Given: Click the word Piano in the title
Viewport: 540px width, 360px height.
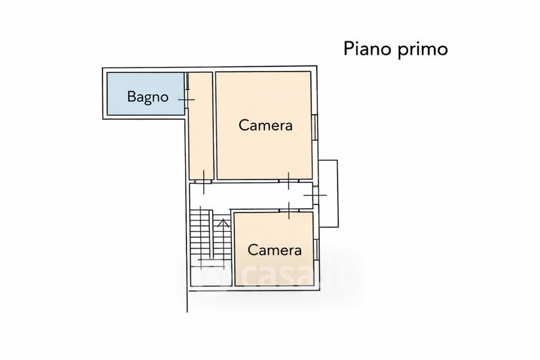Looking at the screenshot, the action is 368,49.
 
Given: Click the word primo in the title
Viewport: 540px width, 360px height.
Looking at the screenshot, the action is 423,49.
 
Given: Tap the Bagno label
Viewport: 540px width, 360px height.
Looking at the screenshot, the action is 148,97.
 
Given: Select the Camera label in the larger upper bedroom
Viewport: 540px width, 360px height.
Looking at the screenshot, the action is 265,125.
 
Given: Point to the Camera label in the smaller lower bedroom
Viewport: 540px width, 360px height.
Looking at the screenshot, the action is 275,250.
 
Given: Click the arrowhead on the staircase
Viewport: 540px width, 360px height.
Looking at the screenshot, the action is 224,224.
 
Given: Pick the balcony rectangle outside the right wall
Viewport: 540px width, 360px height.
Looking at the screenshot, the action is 328,194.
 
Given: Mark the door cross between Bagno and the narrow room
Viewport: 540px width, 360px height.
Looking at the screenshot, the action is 187,99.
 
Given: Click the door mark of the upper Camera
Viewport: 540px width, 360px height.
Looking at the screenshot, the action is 289,181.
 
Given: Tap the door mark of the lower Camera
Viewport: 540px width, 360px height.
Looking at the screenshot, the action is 289,211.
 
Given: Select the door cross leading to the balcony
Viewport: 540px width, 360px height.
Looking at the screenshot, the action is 315,195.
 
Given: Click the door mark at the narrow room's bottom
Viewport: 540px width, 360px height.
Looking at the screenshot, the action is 204,182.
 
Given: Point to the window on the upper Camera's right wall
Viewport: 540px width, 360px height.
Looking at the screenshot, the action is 315,127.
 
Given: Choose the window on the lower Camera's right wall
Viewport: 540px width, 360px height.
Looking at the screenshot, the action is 316,249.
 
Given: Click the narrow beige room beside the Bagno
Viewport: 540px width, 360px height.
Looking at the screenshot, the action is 201,126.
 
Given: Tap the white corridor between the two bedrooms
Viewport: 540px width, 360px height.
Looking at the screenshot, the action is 250,195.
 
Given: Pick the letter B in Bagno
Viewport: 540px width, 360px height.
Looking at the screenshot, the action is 131,96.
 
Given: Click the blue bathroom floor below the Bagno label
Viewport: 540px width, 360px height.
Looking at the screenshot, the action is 146,110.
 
